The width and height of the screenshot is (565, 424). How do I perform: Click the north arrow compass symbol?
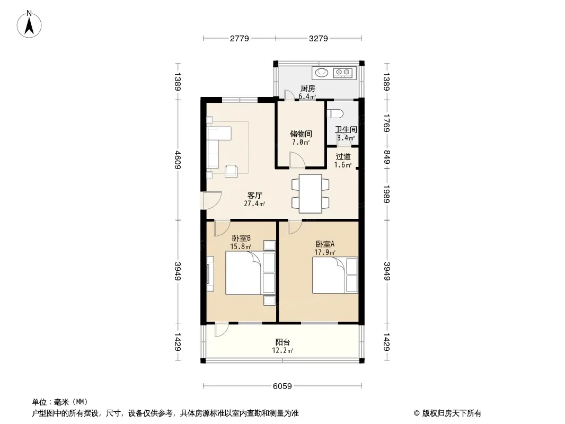pos(29,24)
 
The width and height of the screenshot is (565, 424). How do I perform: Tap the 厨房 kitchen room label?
pos(308,89)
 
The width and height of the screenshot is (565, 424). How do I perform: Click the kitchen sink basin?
pos(322,73)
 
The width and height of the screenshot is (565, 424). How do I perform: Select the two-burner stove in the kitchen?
pos(343,73)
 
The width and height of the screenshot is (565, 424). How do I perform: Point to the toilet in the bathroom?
pos(335,114)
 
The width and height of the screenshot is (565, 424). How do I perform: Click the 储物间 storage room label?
pos(301,134)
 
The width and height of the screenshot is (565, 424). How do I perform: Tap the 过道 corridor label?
pos(343,157)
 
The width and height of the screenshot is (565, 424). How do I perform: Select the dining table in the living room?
pos(310,194)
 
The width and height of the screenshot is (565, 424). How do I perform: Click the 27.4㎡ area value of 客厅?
pos(254,204)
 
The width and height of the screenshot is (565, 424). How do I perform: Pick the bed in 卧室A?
pos(335,275)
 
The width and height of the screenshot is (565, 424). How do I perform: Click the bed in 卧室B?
pos(250,273)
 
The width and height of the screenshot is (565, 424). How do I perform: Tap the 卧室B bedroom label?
pos(241,238)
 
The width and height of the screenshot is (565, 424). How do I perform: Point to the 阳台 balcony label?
pos(282,342)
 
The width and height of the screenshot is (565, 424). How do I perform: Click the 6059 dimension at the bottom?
pos(282,386)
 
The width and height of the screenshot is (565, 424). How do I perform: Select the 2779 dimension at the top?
pos(239,38)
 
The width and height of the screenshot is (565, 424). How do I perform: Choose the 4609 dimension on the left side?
pos(178,160)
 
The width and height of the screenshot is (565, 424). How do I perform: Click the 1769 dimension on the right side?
pos(386,123)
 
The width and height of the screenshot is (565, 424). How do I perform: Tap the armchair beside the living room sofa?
pos(231,170)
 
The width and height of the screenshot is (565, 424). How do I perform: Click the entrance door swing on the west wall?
pos(212,200)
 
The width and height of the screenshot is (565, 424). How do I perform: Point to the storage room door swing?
pos(297,160)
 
